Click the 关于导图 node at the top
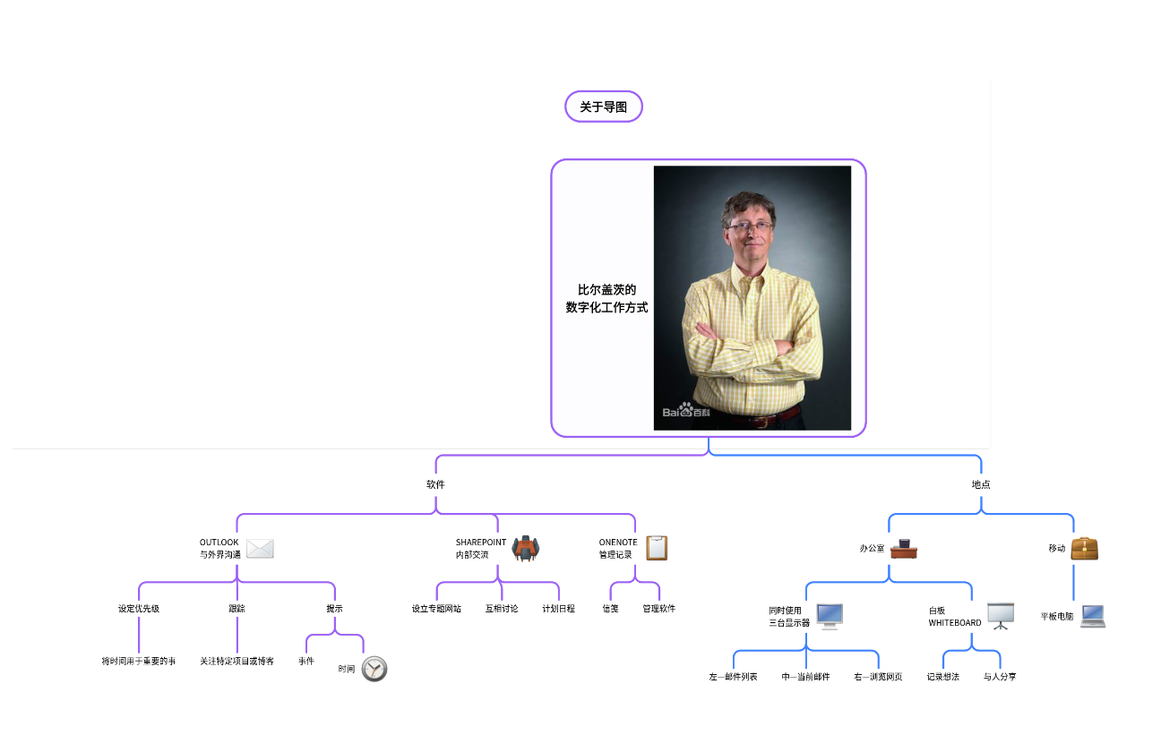click(604, 107)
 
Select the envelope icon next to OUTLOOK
click(260, 549)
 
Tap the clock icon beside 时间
click(374, 668)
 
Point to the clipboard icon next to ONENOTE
click(657, 548)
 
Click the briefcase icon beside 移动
click(1085, 548)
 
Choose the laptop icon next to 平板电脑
click(1093, 616)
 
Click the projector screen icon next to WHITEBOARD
click(1000, 615)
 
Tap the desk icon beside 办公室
click(904, 548)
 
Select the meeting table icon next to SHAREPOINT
click(526, 548)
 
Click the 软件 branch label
click(435, 484)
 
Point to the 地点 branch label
click(981, 484)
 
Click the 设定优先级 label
click(139, 609)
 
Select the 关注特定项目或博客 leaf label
click(236, 662)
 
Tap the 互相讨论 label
click(502, 609)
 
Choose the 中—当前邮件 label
click(805, 677)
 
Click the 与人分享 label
click(1000, 677)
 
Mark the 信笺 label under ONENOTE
click(610, 609)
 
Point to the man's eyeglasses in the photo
click(749, 226)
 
